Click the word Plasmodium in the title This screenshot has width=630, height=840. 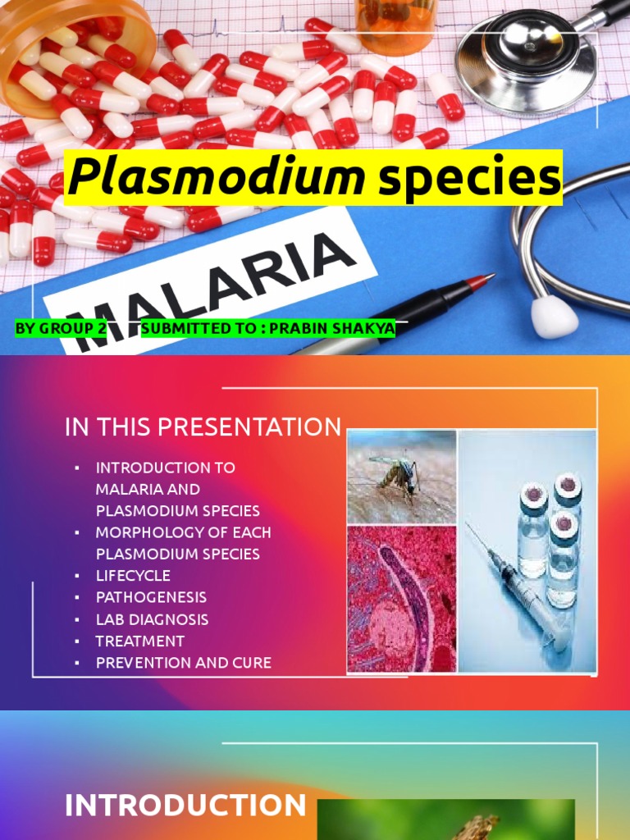tap(216, 177)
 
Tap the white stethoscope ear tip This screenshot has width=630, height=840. tap(554, 317)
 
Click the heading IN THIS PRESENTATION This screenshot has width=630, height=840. tap(203, 427)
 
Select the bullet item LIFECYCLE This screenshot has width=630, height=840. tap(133, 576)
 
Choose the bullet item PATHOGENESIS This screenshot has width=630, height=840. tap(151, 597)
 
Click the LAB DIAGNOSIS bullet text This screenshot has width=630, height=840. tap(152, 619)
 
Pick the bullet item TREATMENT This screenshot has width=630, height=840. tap(139, 641)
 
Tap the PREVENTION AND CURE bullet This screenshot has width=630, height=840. tap(183, 662)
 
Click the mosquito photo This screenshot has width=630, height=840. tap(401, 476)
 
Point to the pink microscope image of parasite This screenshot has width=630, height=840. tap(401, 599)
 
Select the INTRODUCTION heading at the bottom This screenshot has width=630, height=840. tap(185, 805)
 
